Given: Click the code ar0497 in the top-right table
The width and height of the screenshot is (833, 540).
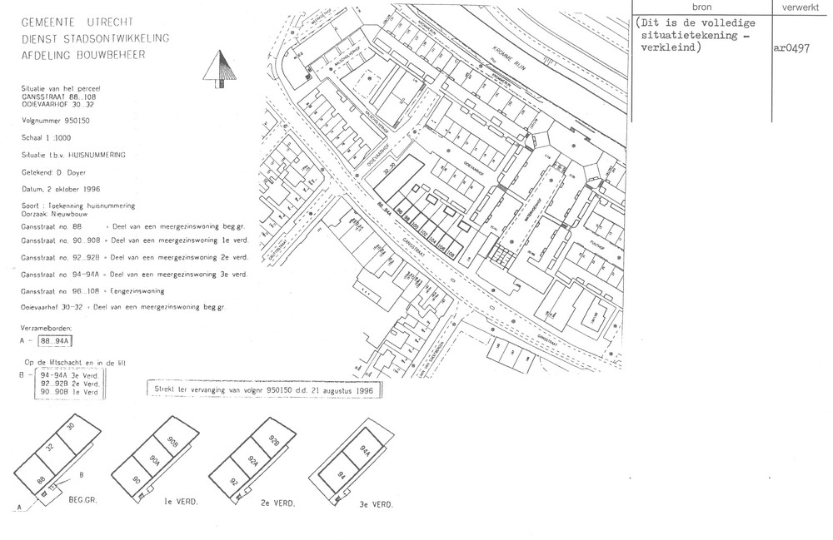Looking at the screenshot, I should click(791, 48).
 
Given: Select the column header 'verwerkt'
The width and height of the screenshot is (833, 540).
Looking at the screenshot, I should click(801, 6).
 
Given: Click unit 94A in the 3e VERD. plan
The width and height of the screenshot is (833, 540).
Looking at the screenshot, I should click(364, 451).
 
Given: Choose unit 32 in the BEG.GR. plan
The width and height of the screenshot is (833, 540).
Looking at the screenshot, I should click(49, 447).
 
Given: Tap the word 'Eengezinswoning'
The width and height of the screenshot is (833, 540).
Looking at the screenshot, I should click(137, 291).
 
